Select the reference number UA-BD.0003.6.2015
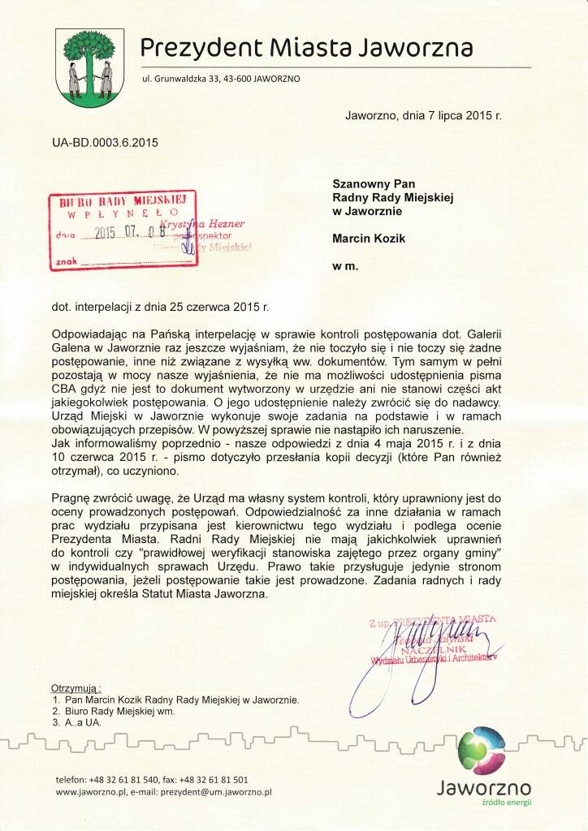105,143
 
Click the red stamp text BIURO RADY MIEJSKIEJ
123,200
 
